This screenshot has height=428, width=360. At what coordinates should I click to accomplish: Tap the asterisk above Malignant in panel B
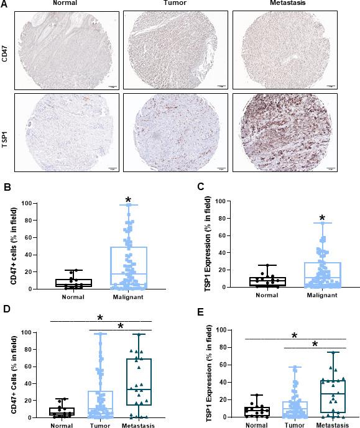click(x=127, y=200)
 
